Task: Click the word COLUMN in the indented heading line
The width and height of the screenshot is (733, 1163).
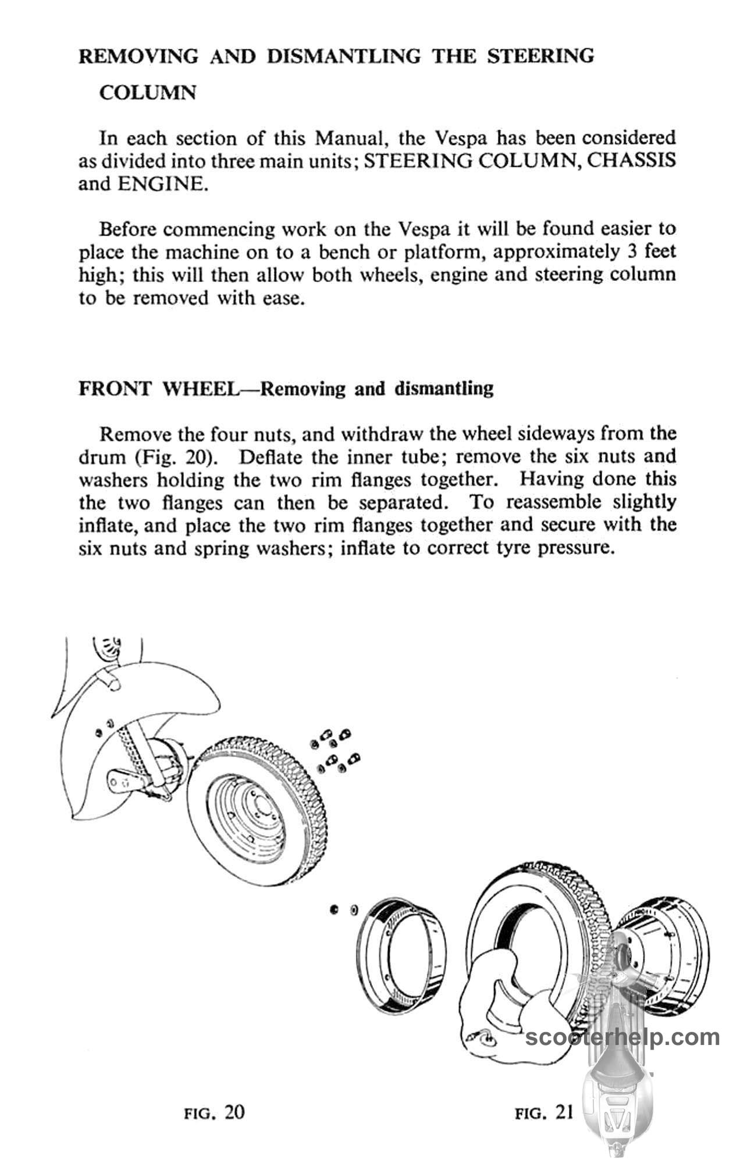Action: coord(147,93)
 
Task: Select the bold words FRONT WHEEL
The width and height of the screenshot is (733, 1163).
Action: coord(156,388)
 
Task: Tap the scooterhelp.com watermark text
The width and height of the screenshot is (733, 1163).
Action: coord(622,1037)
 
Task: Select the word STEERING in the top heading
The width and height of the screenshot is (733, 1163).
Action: coord(540,56)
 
